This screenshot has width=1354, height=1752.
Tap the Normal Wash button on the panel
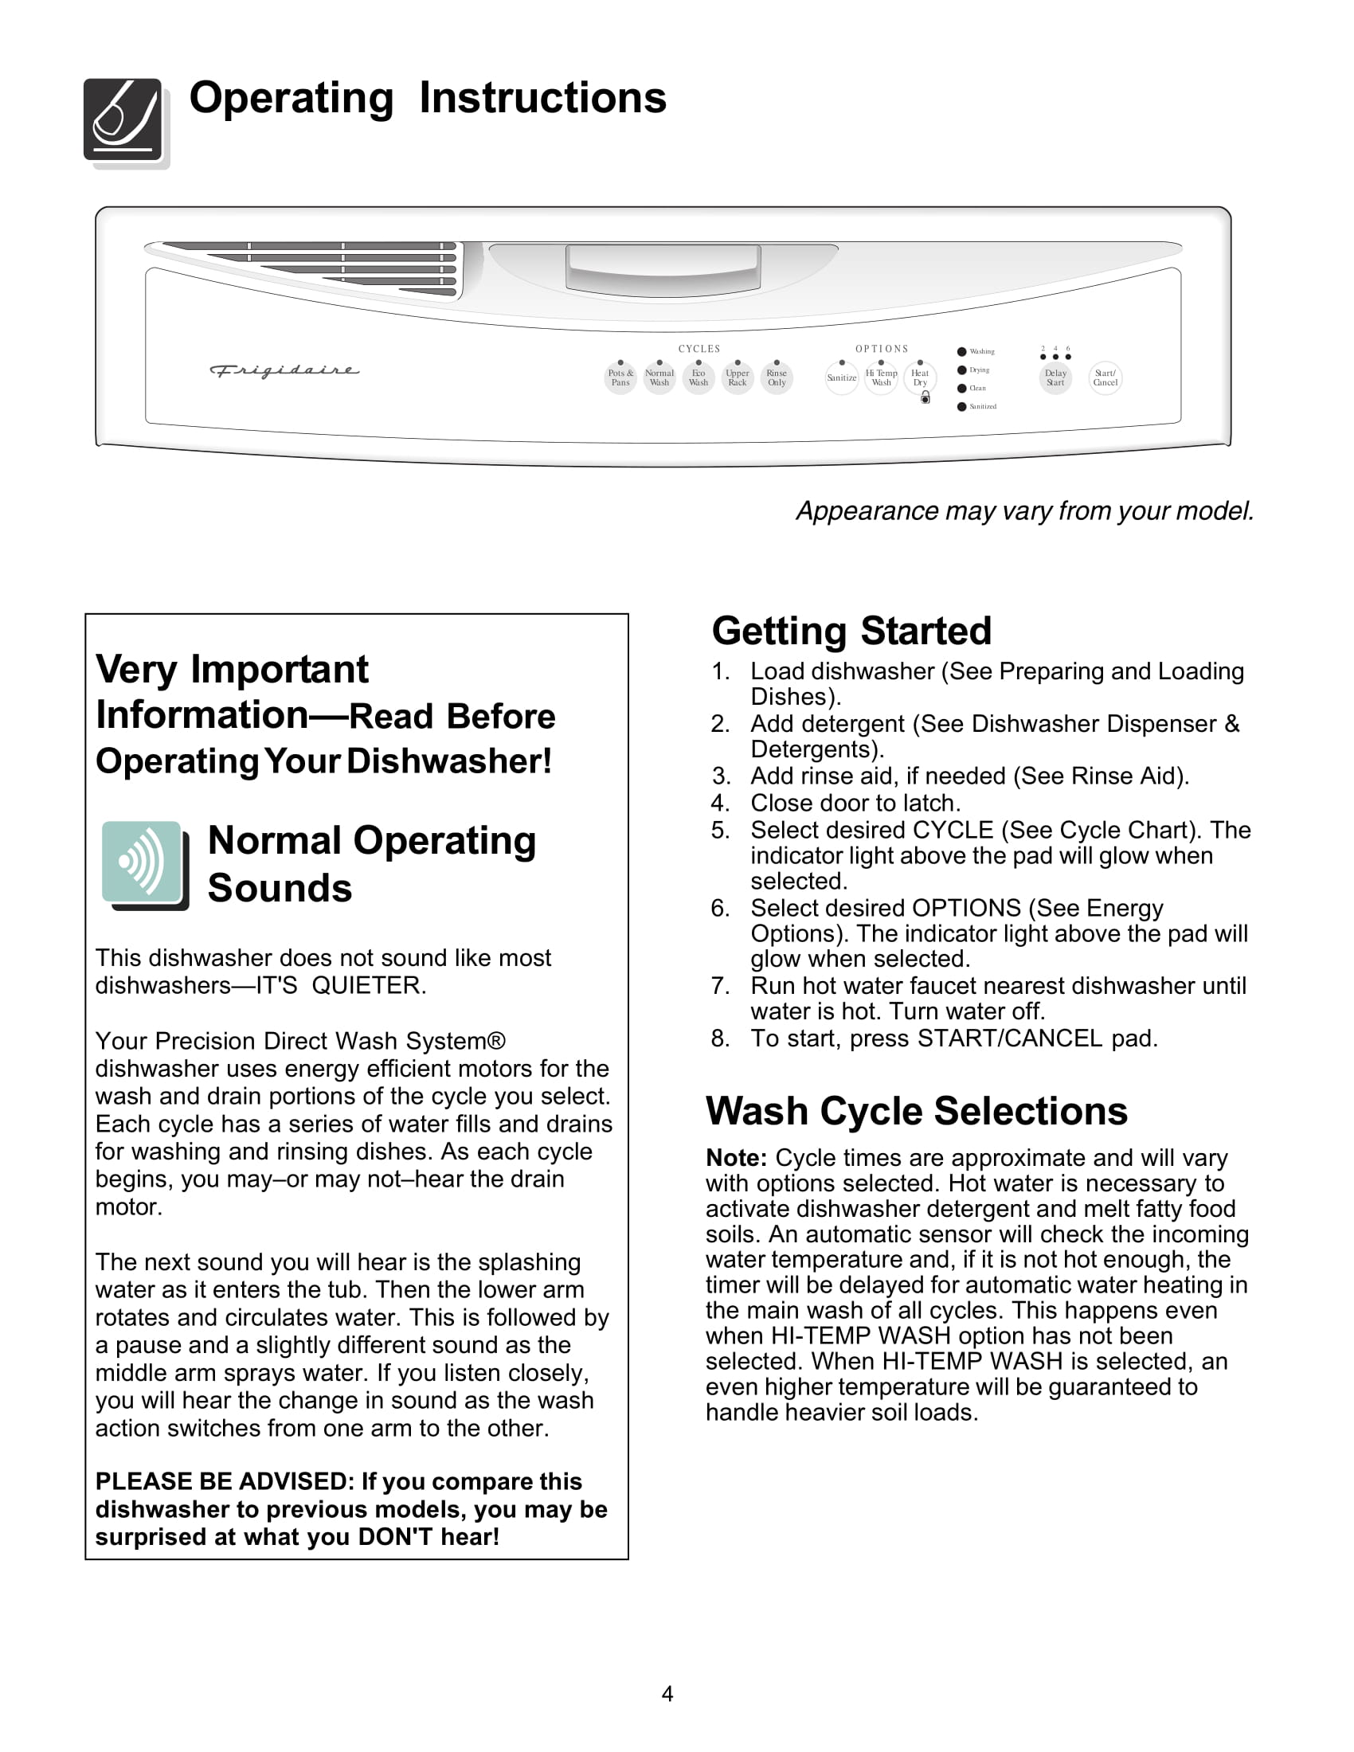coord(659,377)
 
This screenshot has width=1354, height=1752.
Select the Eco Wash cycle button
coord(699,377)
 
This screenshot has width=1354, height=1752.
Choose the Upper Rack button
coord(738,377)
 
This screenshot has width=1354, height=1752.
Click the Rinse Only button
coord(777,377)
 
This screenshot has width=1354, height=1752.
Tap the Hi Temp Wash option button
coord(881,377)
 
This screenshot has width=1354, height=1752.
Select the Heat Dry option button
coord(919,377)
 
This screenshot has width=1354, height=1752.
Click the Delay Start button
coord(1055,377)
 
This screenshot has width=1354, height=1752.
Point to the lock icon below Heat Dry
coord(925,398)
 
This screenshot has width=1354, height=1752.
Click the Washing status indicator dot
coord(962,351)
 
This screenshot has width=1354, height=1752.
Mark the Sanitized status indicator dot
coord(962,407)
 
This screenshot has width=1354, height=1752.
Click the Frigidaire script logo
coord(284,370)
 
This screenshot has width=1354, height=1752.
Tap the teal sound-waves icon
coord(142,862)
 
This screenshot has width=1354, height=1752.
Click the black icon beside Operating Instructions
coord(123,120)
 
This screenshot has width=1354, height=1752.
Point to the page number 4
coord(667,1693)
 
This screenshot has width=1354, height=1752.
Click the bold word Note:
coord(737,1158)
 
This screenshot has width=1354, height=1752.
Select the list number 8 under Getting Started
coord(719,1038)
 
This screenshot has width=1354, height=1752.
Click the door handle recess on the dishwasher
coord(663,268)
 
